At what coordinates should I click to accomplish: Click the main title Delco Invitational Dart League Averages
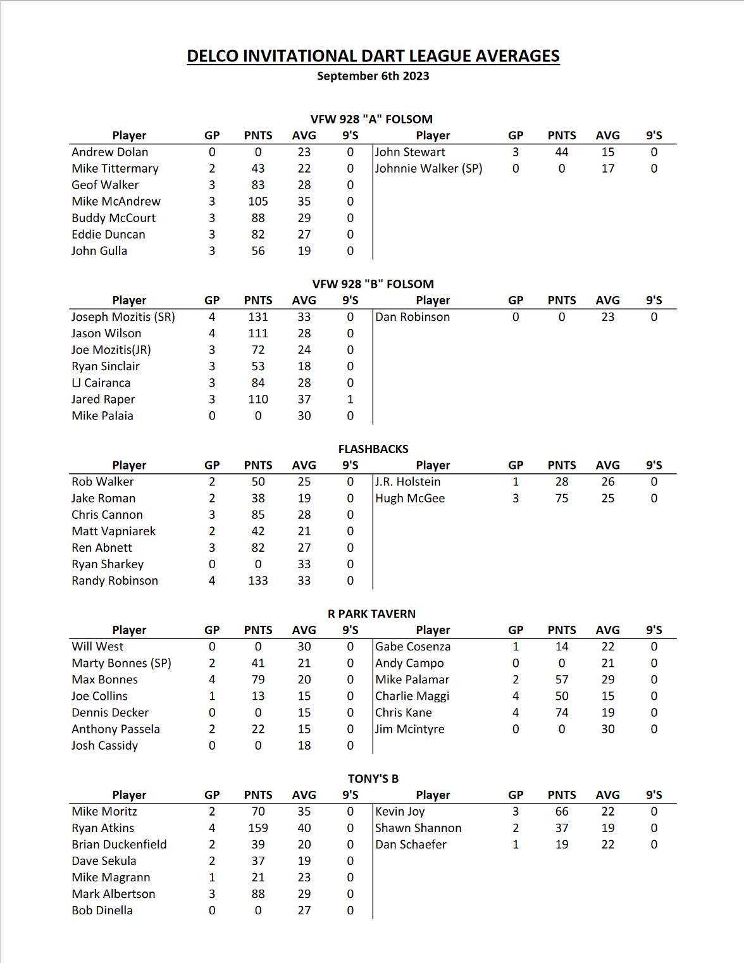point(373,56)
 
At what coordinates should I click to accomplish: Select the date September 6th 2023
point(373,76)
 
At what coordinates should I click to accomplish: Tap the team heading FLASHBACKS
point(373,449)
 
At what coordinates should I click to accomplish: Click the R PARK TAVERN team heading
point(372,614)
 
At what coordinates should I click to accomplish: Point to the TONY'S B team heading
point(373,778)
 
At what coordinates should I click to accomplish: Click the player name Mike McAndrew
point(116,201)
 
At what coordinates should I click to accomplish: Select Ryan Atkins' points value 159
point(258,828)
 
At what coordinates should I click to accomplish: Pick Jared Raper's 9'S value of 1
point(350,399)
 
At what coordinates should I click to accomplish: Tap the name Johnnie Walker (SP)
point(428,168)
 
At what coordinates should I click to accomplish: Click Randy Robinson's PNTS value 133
point(258,580)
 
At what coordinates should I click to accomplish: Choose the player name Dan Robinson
point(412,317)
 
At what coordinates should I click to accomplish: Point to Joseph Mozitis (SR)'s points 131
point(258,317)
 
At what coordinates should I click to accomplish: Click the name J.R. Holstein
point(407,482)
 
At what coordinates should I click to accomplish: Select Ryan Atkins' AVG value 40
point(304,828)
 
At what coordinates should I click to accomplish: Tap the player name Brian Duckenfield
point(119,844)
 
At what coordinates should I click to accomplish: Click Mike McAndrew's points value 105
point(258,201)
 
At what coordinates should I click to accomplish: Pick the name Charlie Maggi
point(412,696)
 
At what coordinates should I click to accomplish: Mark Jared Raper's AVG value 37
point(304,399)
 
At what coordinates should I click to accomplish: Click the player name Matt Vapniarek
point(113,531)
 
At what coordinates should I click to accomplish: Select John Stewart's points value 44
point(562,152)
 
